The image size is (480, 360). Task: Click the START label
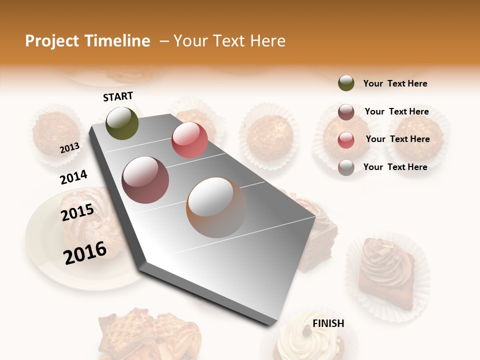click(x=118, y=96)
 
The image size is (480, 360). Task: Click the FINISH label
click(x=328, y=323)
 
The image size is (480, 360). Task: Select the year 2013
click(x=69, y=147)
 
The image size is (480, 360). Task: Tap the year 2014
click(x=73, y=177)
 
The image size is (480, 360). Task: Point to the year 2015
click(x=77, y=212)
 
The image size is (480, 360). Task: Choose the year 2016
click(x=85, y=253)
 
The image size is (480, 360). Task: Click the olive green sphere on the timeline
click(x=122, y=123)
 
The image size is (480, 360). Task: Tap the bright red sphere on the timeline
click(x=189, y=139)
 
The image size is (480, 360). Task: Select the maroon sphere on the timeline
click(x=145, y=180)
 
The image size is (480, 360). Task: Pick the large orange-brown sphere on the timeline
click(x=216, y=207)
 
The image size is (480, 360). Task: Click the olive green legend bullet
click(x=346, y=83)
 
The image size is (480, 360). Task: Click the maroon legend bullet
click(x=346, y=112)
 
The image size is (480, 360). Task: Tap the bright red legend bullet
click(x=346, y=140)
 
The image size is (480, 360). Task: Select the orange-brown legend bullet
click(x=346, y=167)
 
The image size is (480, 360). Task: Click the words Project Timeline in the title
click(x=87, y=41)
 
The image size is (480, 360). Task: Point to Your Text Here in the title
click(x=229, y=41)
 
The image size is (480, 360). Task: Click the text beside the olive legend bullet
click(x=395, y=83)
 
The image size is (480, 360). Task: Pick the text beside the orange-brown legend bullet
click(x=395, y=167)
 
